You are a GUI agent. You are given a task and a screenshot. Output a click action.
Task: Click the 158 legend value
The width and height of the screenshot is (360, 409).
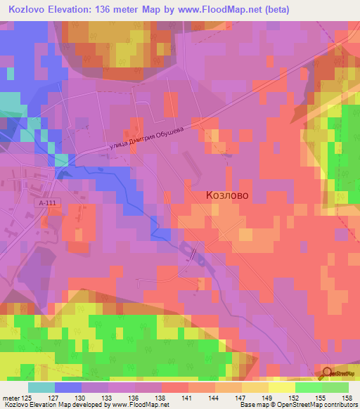coord(347,397)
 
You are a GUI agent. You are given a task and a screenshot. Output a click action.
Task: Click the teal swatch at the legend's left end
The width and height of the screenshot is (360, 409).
coord(41,387)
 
